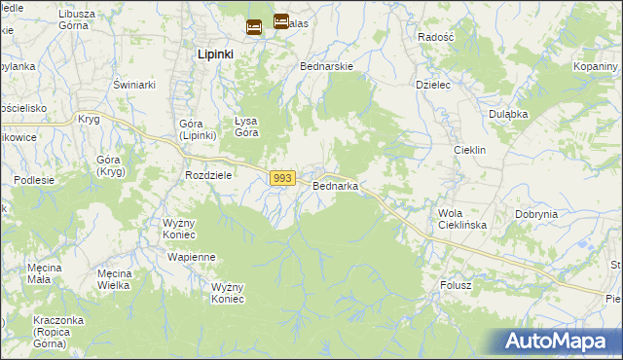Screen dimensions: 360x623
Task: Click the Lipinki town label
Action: pos(215,54)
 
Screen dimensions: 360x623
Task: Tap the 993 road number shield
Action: pos(282,178)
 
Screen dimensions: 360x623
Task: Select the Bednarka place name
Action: pos(336,185)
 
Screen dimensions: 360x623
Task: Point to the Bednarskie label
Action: pos(327,67)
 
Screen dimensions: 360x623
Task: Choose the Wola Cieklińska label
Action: pos(462,219)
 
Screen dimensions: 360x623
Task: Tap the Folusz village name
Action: pos(455,285)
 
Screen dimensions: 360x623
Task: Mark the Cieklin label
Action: pos(470,151)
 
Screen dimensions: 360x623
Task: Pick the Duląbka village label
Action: pos(508,113)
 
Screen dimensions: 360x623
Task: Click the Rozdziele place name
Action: pos(208,175)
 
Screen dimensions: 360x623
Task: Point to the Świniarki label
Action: pos(134,85)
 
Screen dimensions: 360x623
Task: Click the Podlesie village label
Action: pos(34,180)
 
